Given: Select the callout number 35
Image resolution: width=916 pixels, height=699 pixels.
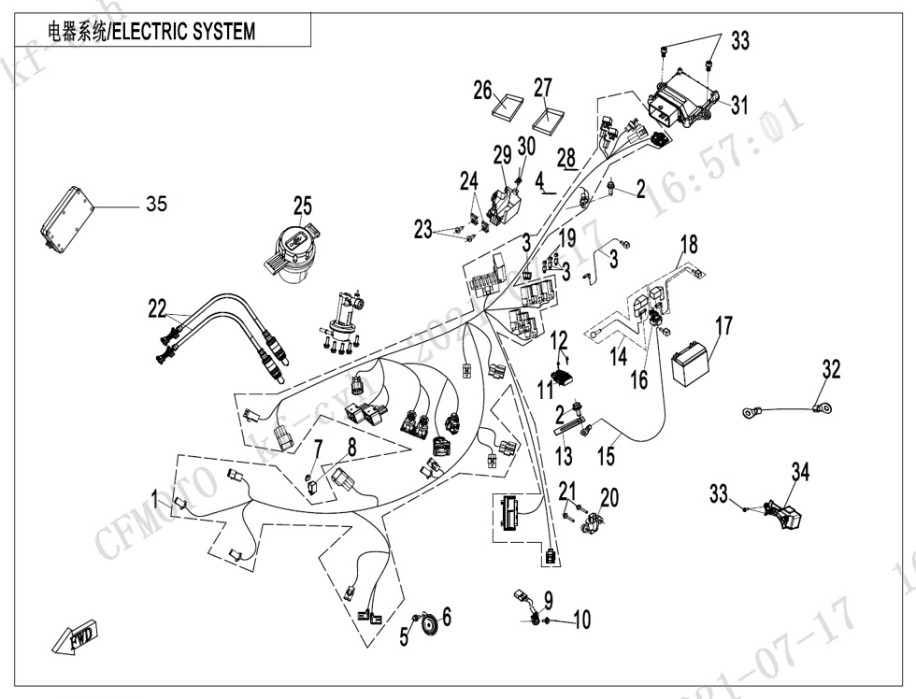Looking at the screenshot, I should pos(156,204).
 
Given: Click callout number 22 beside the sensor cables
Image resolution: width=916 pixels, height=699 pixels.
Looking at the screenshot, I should pos(157,308).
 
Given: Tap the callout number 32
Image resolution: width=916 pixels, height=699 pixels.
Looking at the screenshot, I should pos(831,369).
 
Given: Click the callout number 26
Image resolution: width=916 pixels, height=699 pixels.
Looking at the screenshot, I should pos(482,91).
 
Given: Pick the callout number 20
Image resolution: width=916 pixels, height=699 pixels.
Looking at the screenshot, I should pos(609,496).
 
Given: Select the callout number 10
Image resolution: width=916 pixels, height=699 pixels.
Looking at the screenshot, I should pos(581,621).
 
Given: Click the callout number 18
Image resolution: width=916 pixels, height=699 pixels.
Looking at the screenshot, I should pos(689,246).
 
